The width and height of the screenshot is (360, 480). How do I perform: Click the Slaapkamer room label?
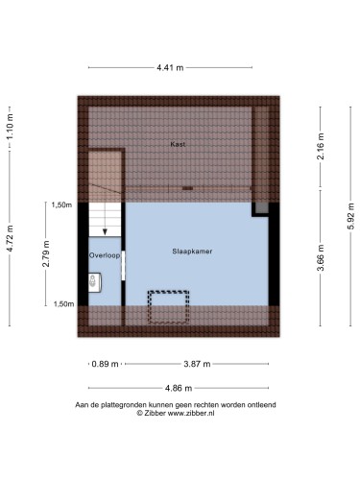coord(192,252)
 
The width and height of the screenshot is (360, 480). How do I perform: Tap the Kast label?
coord(178,144)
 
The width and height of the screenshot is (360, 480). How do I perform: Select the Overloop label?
coord(105,255)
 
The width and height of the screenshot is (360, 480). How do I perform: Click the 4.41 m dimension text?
coord(170,67)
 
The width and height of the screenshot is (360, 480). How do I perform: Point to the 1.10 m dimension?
coord(10,127)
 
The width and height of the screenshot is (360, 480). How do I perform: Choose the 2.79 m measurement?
coord(46,253)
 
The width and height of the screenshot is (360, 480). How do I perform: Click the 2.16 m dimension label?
coord(321,146)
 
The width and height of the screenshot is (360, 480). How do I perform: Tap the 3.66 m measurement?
coord(321,257)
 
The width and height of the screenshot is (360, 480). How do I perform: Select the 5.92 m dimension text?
coord(350,216)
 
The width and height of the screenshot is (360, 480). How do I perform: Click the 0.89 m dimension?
coord(105,364)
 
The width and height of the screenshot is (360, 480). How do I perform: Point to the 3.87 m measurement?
coord(197,364)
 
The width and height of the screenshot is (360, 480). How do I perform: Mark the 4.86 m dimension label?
coord(179,388)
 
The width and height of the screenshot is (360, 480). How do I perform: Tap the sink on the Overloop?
coord(95,282)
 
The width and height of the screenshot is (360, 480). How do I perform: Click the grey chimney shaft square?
coord(262,208)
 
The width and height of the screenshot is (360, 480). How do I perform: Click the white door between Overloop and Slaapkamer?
coord(123,266)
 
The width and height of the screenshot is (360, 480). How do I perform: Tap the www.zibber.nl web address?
coord(191,413)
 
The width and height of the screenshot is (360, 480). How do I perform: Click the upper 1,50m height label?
coord(61,204)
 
